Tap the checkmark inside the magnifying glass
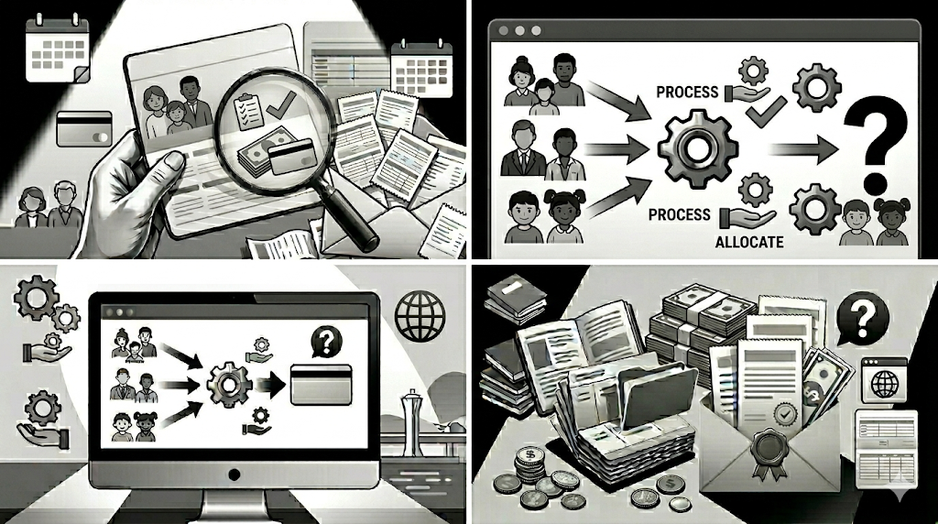(280, 105)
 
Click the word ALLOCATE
(749, 242)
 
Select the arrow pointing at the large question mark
(802, 149)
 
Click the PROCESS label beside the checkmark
(687, 93)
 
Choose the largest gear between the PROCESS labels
(697, 149)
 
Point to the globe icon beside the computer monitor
(420, 315)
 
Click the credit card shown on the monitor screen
(321, 385)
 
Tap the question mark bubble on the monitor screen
(326, 342)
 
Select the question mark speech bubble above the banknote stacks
(862, 318)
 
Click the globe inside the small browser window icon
(885, 384)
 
